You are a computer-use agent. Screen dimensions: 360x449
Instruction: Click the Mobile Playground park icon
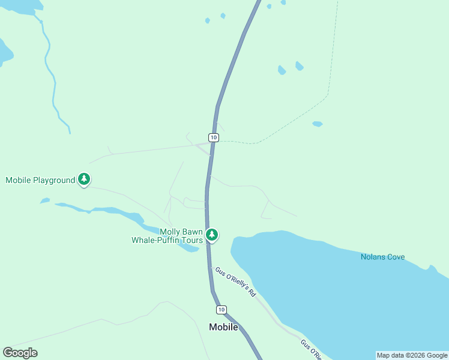pos(84,179)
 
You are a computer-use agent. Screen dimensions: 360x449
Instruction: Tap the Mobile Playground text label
pos(40,180)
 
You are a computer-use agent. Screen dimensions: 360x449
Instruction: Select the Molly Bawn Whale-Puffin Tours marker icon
pos(211,235)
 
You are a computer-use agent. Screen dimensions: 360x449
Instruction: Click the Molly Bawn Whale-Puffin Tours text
pos(167,236)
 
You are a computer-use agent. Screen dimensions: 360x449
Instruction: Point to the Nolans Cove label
pos(382,257)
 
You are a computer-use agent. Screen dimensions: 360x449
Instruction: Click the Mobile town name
pos(223,327)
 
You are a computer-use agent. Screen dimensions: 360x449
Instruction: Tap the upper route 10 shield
pos(214,137)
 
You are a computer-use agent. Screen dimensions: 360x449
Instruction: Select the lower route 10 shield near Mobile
pos(222,309)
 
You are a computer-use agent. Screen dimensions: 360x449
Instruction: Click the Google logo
pos(20,353)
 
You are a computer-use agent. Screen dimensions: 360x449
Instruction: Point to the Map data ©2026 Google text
pos(412,355)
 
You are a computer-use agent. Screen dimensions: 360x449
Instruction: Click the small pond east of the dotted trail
pos(318,124)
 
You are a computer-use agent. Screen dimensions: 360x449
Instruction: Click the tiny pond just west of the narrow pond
pos(45,200)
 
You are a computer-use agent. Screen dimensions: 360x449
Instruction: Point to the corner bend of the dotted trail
pos(327,95)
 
